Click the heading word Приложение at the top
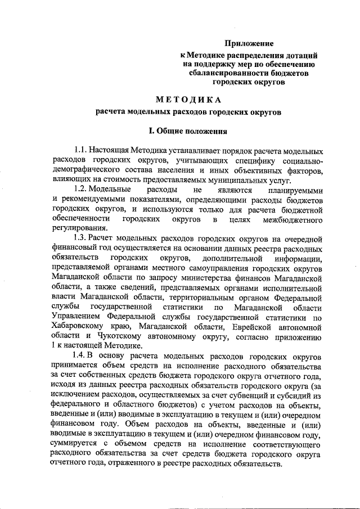tap(249, 43)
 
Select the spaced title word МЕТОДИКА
tap(188, 100)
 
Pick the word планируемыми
tap(296, 190)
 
